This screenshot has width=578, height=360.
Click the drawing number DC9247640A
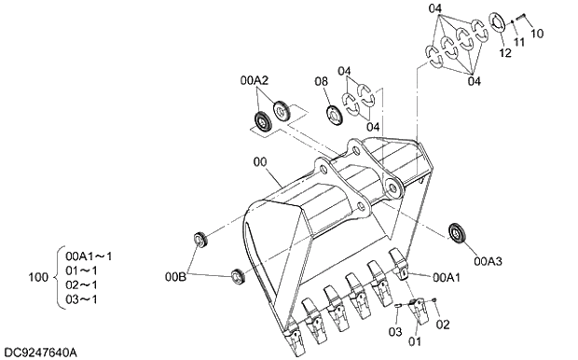click(40, 353)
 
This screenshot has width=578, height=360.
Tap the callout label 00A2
click(255, 80)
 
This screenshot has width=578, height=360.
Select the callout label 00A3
click(488, 261)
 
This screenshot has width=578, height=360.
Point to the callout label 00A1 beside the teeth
click(447, 277)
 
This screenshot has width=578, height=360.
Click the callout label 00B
click(175, 277)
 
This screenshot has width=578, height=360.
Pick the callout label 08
click(321, 81)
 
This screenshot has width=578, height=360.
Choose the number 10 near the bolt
click(537, 34)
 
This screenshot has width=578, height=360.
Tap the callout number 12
click(505, 53)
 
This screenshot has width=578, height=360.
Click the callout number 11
click(519, 42)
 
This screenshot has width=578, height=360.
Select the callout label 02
click(443, 325)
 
